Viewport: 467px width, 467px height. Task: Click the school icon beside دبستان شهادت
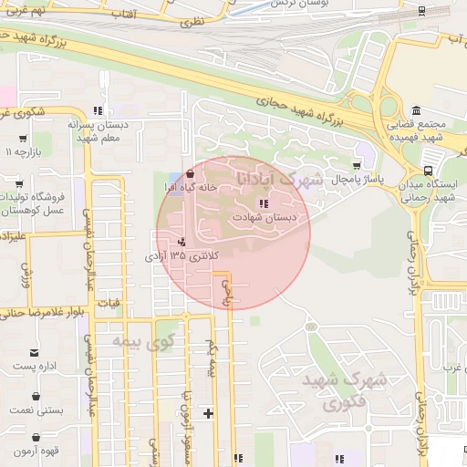(x=264, y=204)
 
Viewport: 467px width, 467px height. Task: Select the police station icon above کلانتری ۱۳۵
(x=182, y=242)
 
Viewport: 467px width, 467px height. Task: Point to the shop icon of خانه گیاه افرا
(x=189, y=173)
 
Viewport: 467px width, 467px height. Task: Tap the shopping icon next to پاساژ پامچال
(x=355, y=167)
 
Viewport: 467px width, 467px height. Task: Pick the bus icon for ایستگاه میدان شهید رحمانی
(x=429, y=170)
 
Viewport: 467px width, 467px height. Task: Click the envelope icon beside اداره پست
(x=36, y=353)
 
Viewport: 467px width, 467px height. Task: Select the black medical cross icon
(x=209, y=413)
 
